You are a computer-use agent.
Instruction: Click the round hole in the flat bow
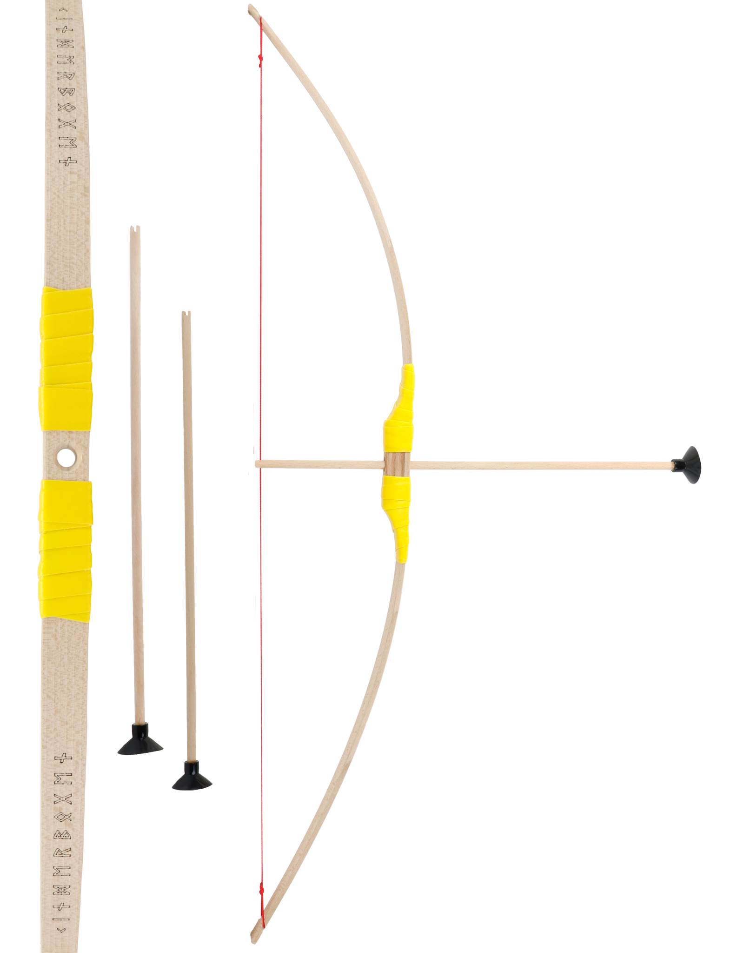coord(66,458)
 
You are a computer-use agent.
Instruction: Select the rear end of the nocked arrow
coord(257,463)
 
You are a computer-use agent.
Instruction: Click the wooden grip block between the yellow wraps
coord(396,463)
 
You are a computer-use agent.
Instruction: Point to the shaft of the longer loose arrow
coord(136,465)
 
